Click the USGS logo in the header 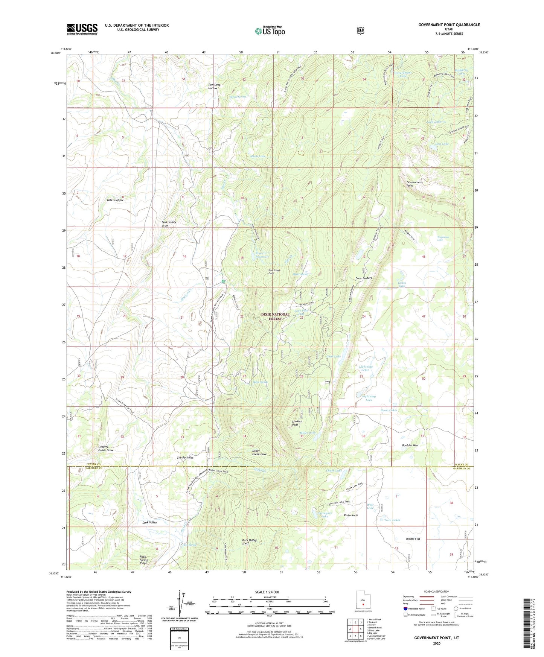click(82, 29)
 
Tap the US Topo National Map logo click(270, 30)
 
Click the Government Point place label click(414, 184)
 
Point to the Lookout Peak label click(297, 423)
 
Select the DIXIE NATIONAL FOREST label click(275, 316)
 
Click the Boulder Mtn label click(410, 445)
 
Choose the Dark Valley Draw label click(169, 224)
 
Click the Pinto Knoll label click(351, 515)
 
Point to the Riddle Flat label click(413, 539)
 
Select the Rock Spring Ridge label click(143, 560)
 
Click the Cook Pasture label click(364, 278)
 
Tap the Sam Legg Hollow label click(214, 86)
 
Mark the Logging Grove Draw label click(105, 448)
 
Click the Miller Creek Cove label click(259, 452)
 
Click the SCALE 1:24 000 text click(267, 592)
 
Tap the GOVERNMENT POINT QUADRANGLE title click(449, 25)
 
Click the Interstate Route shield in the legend click(405, 608)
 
